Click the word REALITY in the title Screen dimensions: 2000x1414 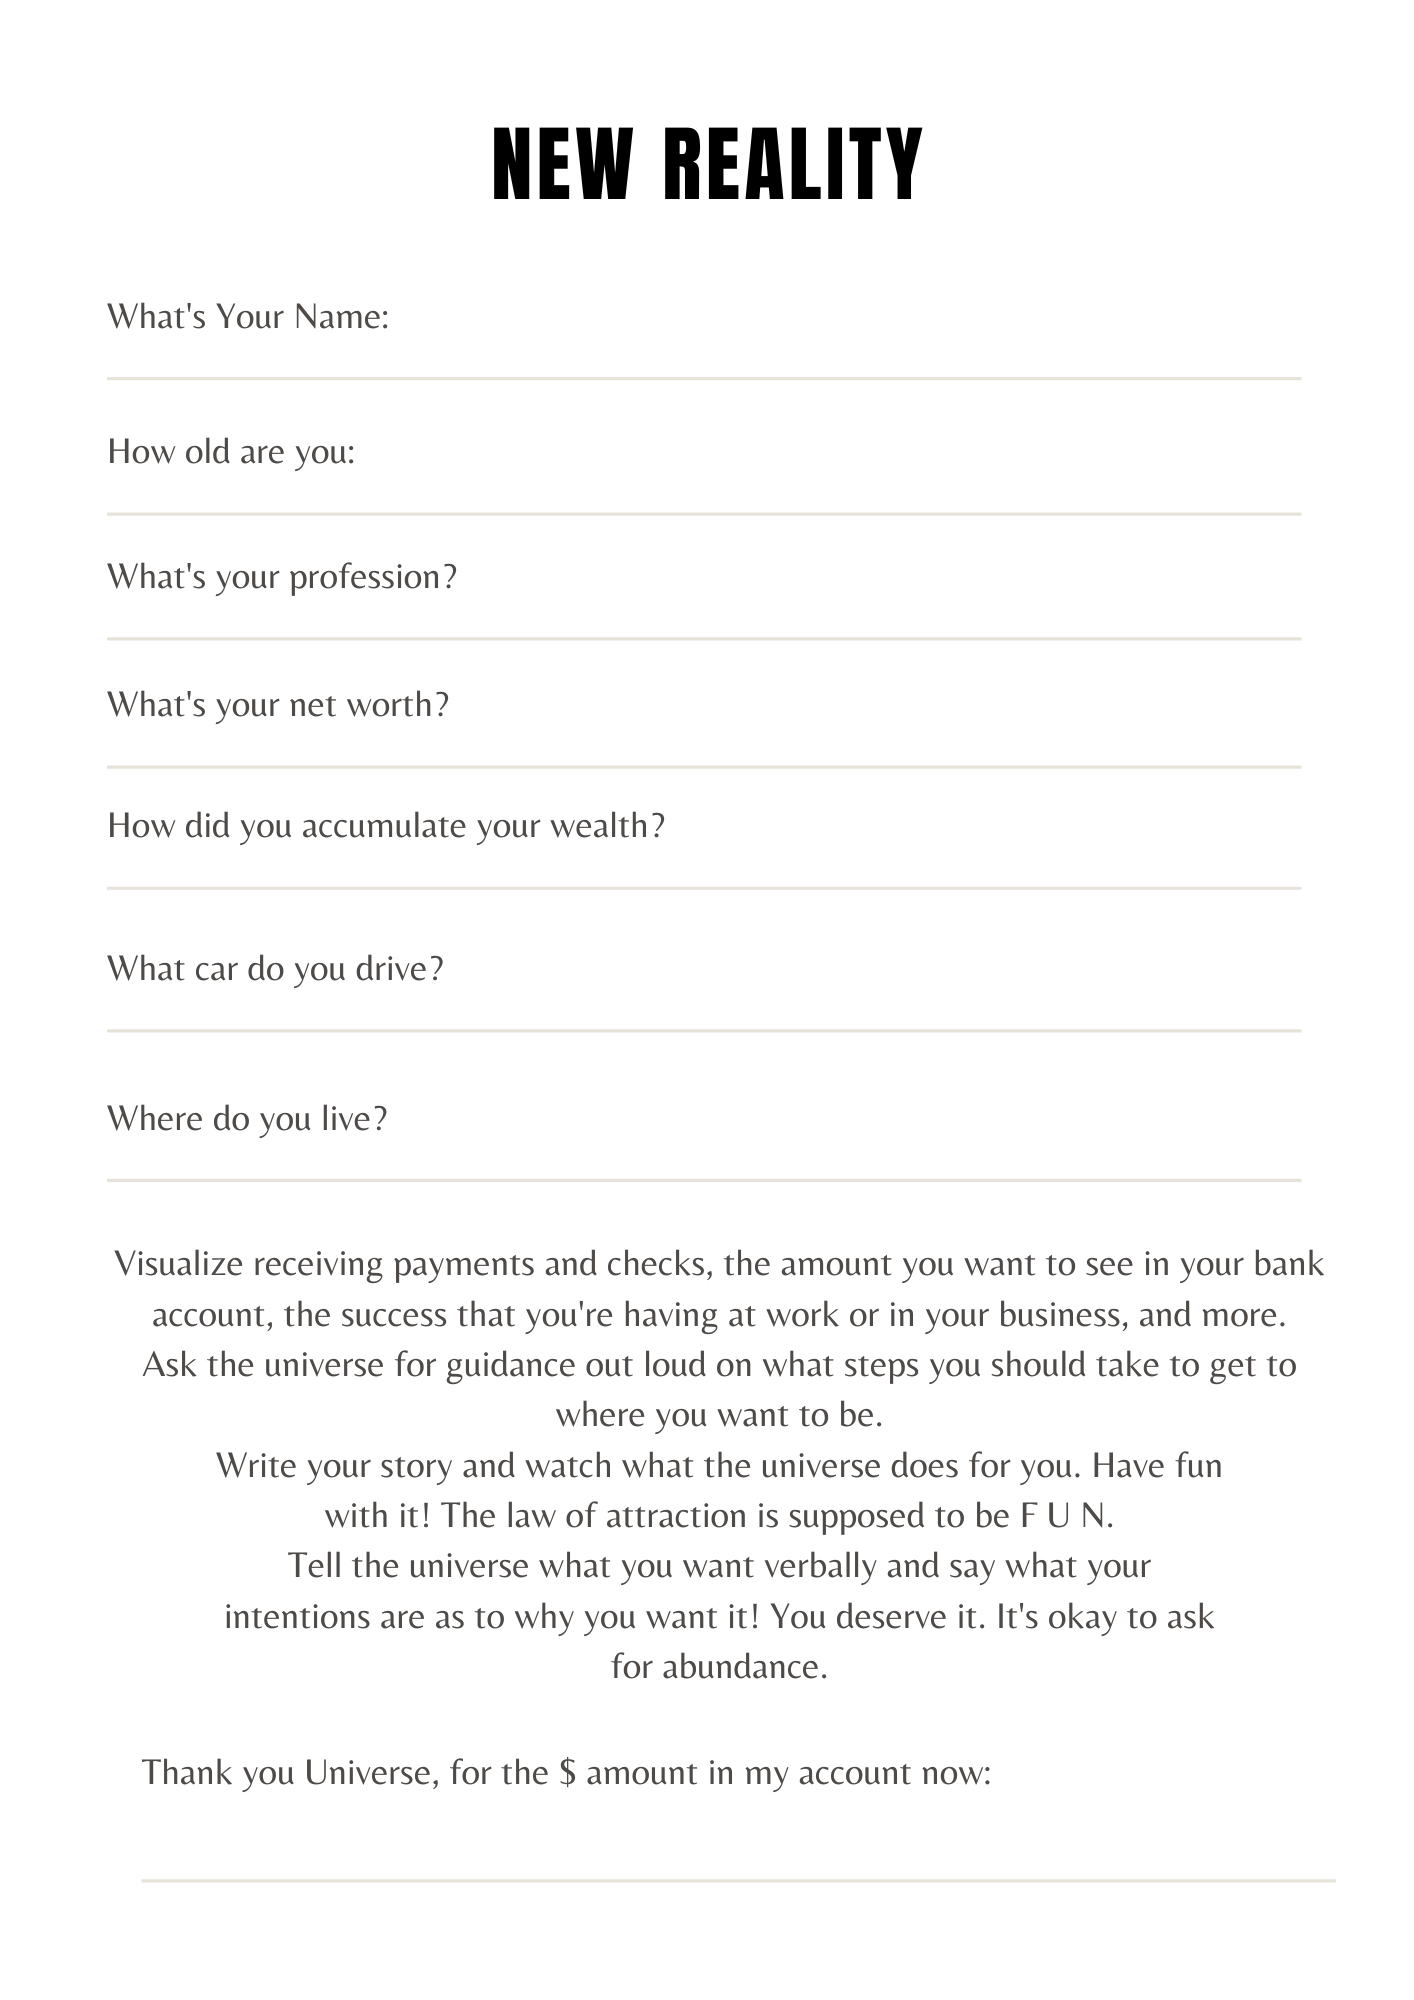(792, 165)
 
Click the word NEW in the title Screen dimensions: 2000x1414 (562, 165)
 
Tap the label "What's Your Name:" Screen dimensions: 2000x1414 (248, 317)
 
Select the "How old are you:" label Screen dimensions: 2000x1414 (231, 452)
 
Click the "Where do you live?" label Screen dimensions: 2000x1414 (247, 1118)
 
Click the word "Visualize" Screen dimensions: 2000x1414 (179, 1264)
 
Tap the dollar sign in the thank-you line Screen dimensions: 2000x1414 (567, 1773)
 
